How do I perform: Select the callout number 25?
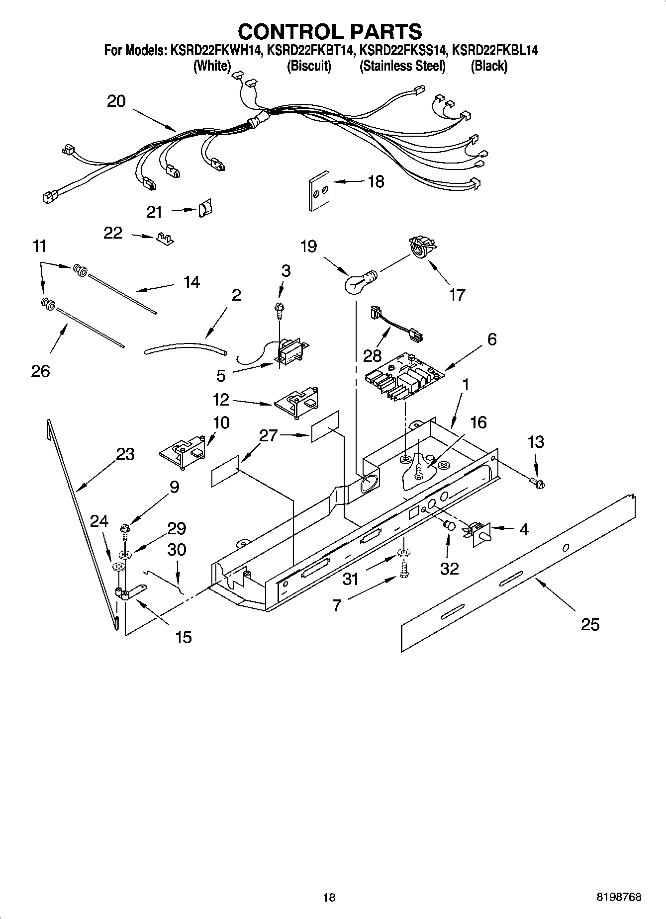click(x=590, y=624)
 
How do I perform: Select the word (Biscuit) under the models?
click(x=309, y=66)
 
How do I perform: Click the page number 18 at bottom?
click(x=329, y=898)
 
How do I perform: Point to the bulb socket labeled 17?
click(x=420, y=247)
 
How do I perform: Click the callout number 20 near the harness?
click(x=116, y=101)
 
